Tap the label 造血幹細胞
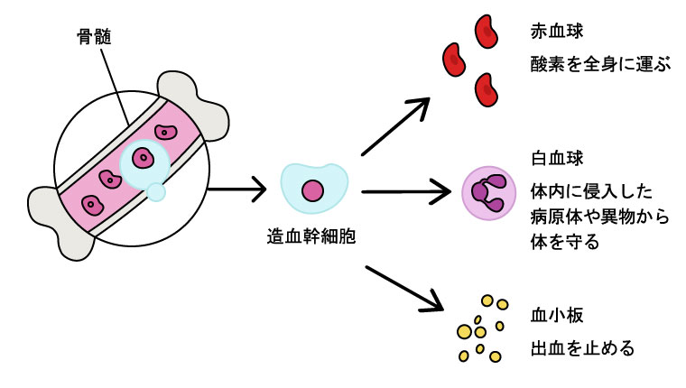tap(311, 237)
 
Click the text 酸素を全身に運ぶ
tap(601, 66)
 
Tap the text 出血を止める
tap(581, 347)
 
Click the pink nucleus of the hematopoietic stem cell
tap(312, 191)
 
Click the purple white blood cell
tap(487, 193)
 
